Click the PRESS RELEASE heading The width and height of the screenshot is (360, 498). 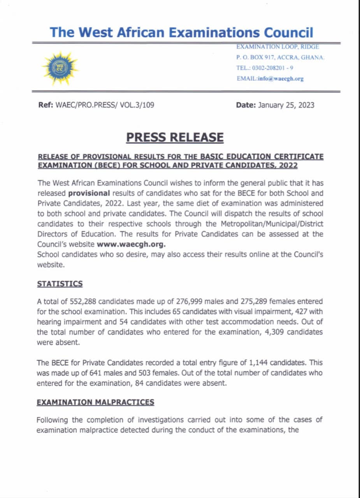pyautogui.click(x=175, y=137)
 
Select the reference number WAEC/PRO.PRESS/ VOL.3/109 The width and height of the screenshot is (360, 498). pyautogui.click(x=102, y=105)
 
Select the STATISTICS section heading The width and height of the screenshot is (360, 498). pyautogui.click(x=60, y=284)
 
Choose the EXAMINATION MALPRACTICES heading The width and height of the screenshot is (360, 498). pyautogui.click(x=95, y=402)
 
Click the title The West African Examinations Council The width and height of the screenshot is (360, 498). pyautogui.click(x=181, y=32)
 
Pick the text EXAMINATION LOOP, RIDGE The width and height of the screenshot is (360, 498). pyautogui.click(x=278, y=47)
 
